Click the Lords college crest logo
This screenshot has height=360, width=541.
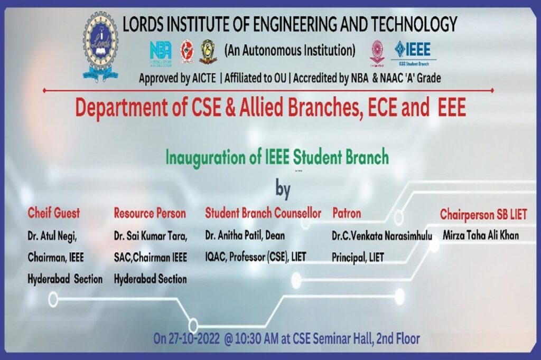coord(100,47)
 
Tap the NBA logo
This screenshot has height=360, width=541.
coord(160,51)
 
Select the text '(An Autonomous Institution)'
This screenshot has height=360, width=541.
coord(290,51)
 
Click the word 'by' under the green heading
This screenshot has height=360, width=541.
coord(284,189)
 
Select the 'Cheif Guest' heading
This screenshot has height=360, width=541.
coord(54,213)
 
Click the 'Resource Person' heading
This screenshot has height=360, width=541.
coord(150,213)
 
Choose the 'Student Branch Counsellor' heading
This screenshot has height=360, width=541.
coord(263,213)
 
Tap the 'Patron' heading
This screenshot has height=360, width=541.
coord(347,213)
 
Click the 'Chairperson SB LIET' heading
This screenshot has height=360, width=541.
coord(483,215)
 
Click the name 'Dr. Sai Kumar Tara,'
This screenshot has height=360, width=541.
coord(150,236)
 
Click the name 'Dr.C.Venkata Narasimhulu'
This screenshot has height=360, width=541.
coord(382,236)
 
